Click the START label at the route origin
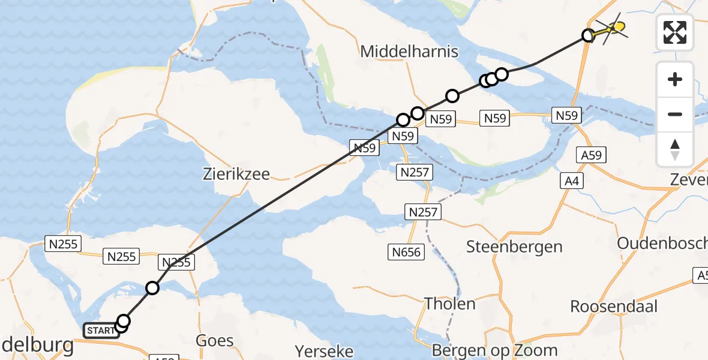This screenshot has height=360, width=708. pyautogui.click(x=101, y=331)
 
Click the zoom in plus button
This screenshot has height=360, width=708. pyautogui.click(x=675, y=80)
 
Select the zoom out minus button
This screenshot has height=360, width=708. pyautogui.click(x=675, y=114)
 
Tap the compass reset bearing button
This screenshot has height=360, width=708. pyautogui.click(x=675, y=149)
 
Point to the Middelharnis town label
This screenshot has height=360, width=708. pyautogui.click(x=409, y=52)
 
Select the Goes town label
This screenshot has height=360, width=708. pyautogui.click(x=215, y=341)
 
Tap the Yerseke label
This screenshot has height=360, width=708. pyautogui.click(x=325, y=350)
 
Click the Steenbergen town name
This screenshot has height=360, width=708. pyautogui.click(x=515, y=246)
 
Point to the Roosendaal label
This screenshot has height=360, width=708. pyautogui.click(x=614, y=306)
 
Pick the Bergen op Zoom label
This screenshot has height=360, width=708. pyautogui.click(x=503, y=350)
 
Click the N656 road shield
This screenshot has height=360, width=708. pyautogui.click(x=407, y=251)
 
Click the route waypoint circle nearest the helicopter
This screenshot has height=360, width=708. pyautogui.click(x=589, y=35)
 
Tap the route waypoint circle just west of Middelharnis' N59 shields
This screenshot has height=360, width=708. pyautogui.click(x=403, y=120)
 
